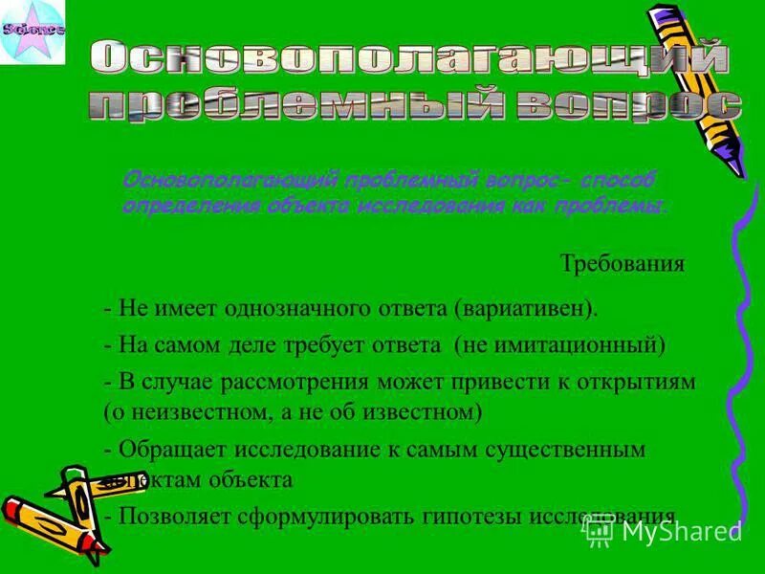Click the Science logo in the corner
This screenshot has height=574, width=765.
click(33, 32)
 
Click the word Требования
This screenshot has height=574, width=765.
click(622, 264)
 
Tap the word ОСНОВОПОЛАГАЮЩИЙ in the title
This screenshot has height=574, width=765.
click(412, 57)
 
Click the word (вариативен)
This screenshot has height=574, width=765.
click(527, 309)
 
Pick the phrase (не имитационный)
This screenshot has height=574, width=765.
click(559, 344)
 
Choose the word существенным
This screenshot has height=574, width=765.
click(565, 449)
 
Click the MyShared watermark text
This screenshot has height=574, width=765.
click(681, 532)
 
